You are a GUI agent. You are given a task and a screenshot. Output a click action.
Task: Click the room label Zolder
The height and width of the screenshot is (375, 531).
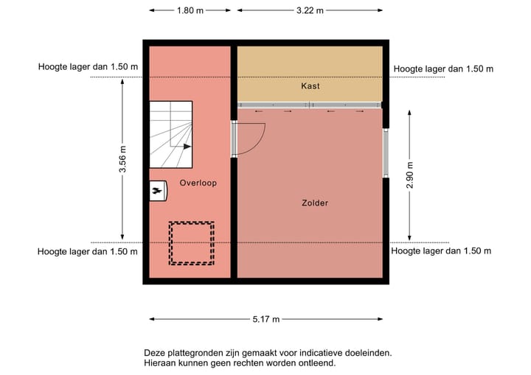pos(315,203)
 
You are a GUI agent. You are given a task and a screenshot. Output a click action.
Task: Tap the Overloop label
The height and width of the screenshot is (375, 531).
pos(198,183)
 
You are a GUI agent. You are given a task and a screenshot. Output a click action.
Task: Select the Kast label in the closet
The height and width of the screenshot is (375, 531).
pos(310,86)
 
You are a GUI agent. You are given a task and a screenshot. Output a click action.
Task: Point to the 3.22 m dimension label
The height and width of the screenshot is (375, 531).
pos(309,10)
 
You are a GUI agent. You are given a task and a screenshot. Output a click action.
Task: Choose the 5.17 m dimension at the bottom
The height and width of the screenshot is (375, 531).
pos(266,319)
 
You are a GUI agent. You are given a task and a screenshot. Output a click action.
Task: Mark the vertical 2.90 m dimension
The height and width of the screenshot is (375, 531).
pos(410,175)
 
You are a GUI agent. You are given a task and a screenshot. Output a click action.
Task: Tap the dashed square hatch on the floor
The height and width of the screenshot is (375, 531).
pos(192,243)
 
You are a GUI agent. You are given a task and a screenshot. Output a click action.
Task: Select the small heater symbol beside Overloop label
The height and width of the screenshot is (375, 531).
pos(157,191)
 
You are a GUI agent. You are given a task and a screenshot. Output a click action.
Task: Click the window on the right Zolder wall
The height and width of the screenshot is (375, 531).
pos(385,153)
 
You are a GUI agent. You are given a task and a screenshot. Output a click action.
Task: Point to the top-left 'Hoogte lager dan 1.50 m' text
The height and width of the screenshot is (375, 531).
pos(88,68)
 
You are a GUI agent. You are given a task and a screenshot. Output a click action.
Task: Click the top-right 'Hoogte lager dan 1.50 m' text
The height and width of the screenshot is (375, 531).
pos(443,69)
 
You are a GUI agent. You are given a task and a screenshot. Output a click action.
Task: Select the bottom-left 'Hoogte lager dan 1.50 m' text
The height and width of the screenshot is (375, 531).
pos(88,251)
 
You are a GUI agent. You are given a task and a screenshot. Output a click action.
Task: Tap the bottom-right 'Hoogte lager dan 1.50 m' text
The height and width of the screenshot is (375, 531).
pos(441,250)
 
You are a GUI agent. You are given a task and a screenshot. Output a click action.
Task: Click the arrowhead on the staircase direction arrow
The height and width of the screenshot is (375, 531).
pos(188,146)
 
